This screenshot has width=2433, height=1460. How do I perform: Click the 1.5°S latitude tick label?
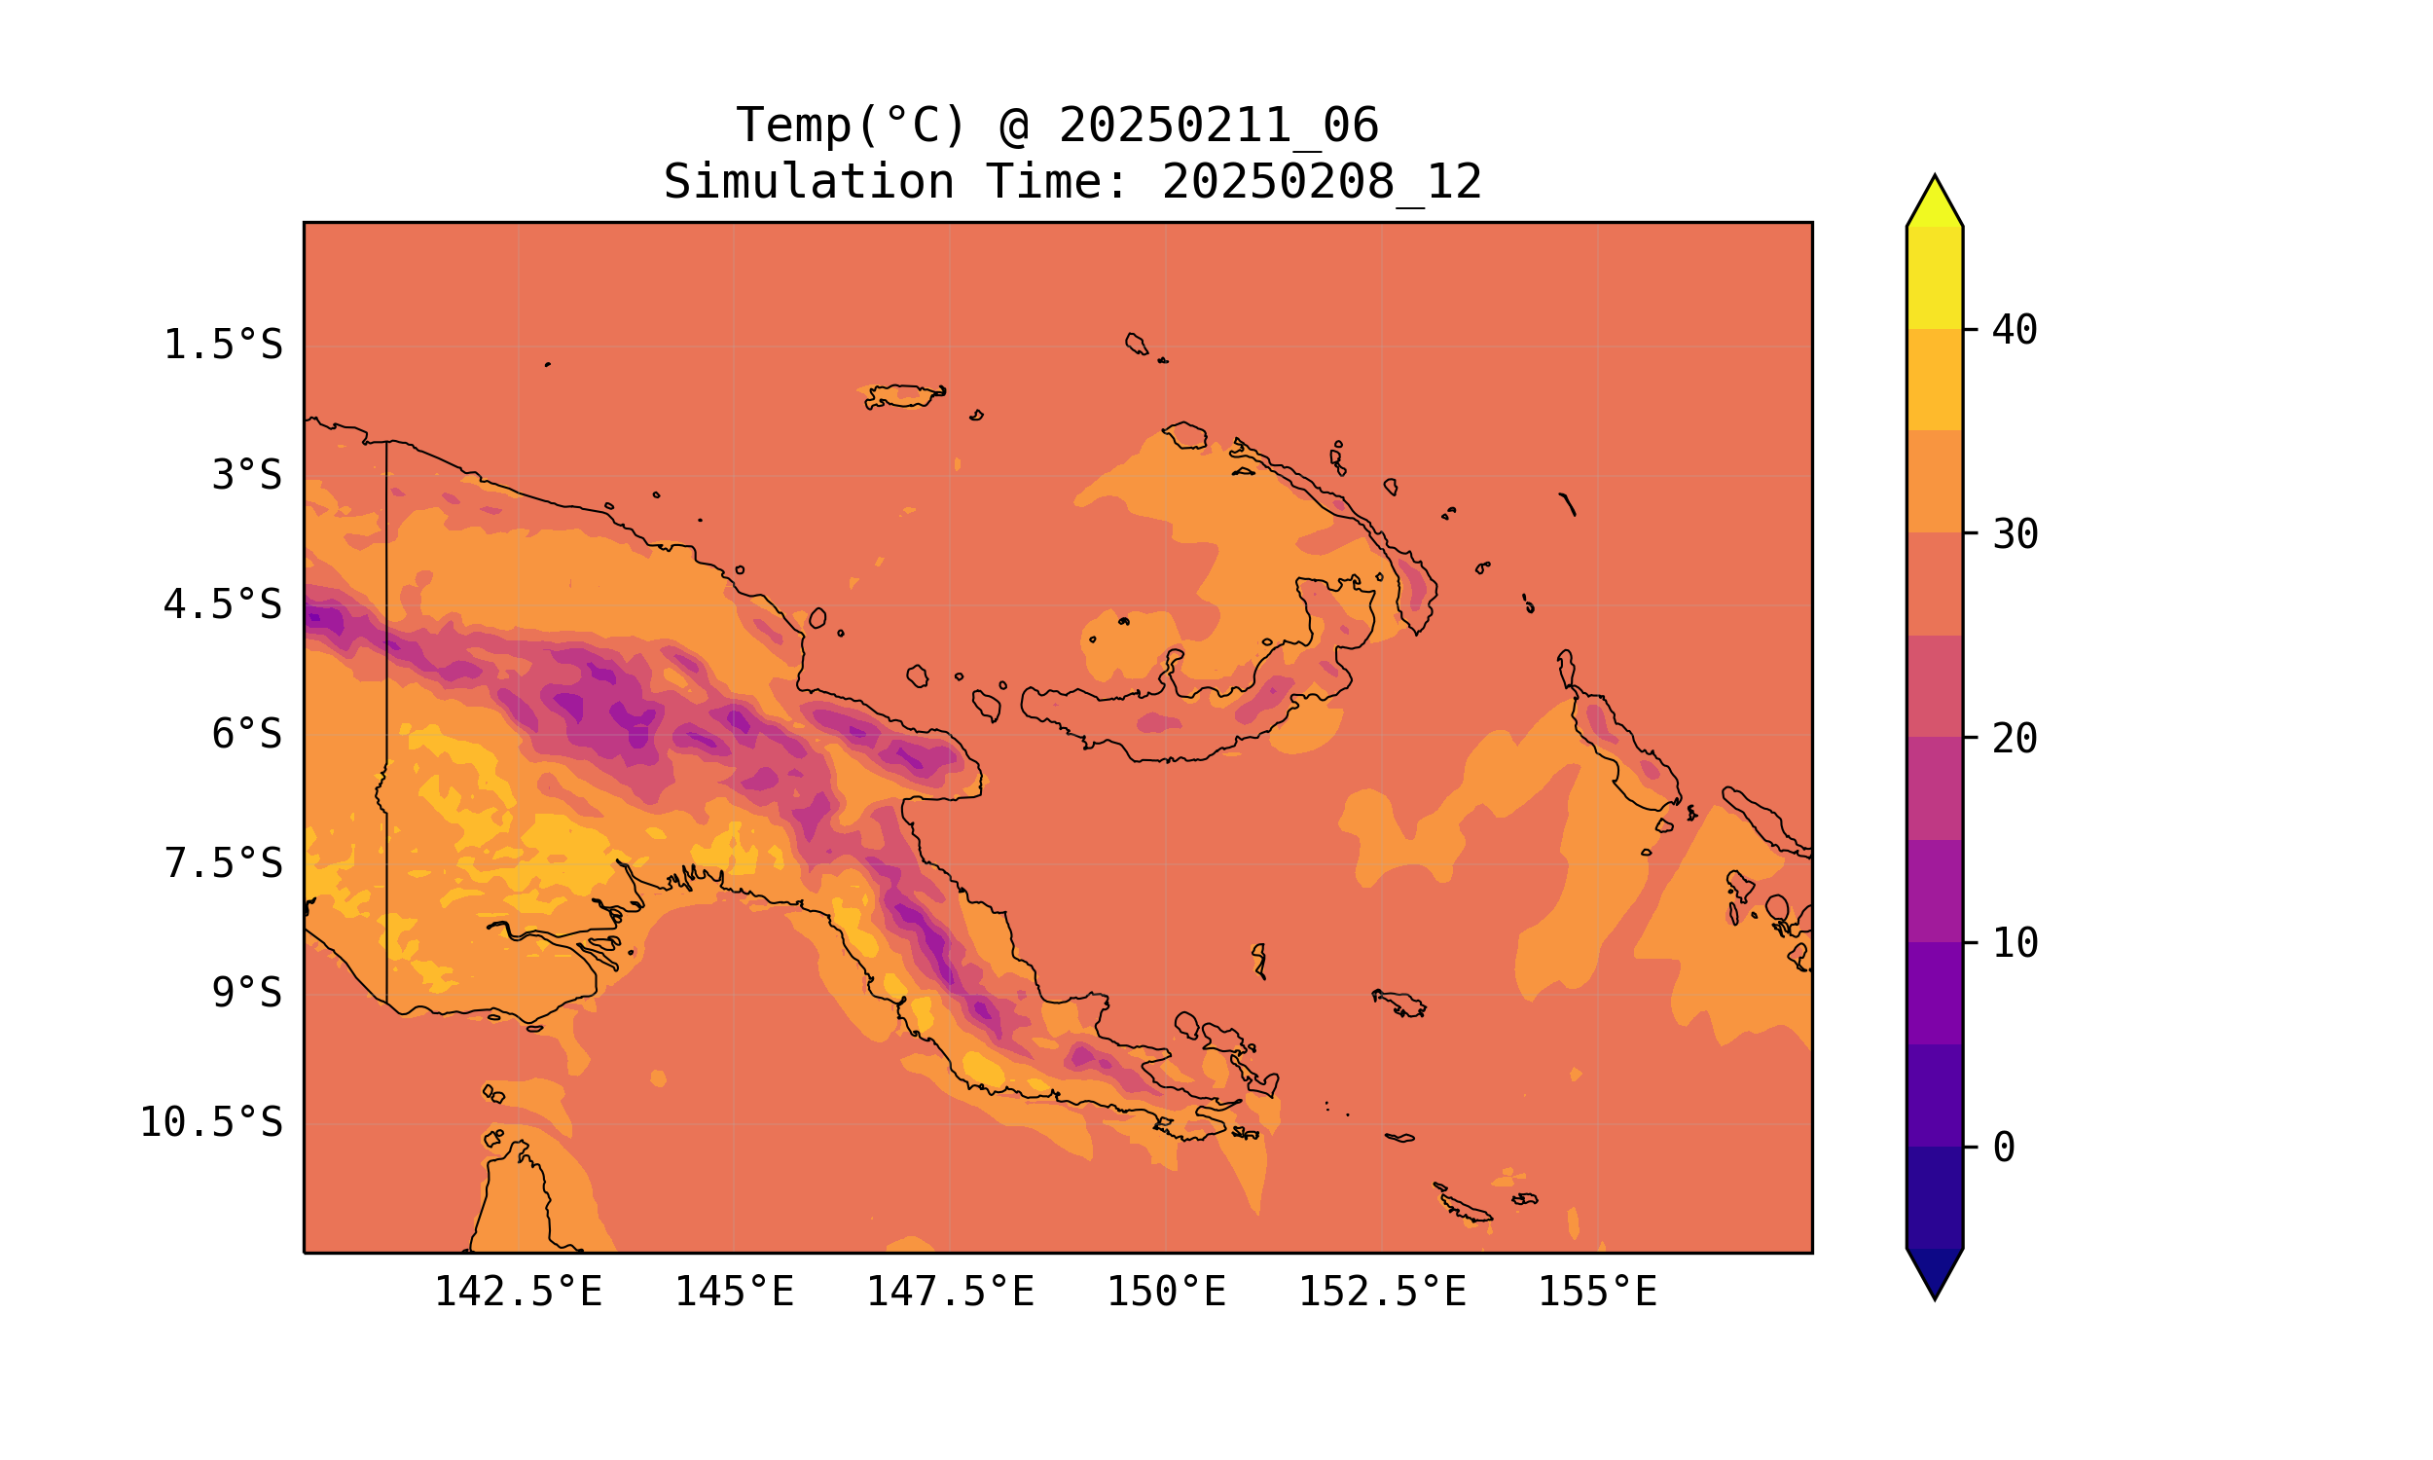click(222, 346)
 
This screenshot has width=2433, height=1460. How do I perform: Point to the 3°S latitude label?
click(246, 475)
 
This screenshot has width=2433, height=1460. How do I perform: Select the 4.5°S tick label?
click(222, 605)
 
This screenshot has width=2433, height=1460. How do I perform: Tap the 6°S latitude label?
click(246, 734)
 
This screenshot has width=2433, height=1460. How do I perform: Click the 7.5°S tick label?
click(222, 863)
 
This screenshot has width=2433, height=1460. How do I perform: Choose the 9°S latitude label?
click(246, 993)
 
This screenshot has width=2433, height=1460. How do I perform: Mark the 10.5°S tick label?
click(210, 1122)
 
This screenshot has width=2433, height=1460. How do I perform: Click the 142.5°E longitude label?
click(519, 1292)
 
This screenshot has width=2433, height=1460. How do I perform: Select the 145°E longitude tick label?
click(734, 1292)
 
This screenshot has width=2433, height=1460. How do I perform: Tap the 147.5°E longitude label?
click(950, 1292)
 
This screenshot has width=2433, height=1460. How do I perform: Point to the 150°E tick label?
click(1166, 1292)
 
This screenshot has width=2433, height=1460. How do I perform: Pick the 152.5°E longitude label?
click(1382, 1292)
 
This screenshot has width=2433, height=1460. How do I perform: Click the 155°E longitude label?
click(1597, 1292)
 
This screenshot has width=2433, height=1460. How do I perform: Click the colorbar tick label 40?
click(2015, 331)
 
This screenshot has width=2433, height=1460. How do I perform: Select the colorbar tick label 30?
click(2015, 535)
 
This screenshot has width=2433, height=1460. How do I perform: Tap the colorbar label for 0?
click(2004, 1149)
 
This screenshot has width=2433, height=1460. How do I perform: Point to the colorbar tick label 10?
click(2015, 943)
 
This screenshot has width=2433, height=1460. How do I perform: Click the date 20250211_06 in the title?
click(1218, 126)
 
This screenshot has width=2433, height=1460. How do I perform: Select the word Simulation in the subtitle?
click(809, 183)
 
